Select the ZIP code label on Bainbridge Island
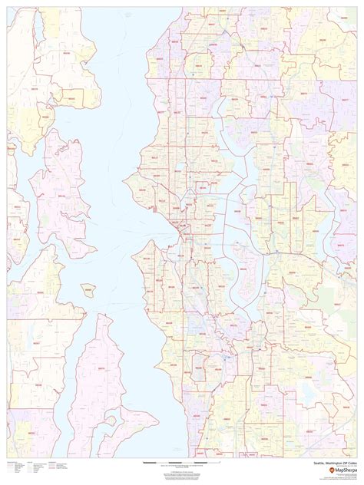click(61, 196)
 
